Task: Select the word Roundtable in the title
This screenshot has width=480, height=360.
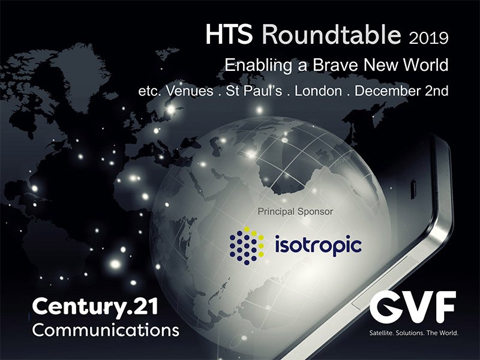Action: [332, 35]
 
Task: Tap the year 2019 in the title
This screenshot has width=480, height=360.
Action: [427, 38]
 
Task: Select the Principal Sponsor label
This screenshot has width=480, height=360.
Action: [295, 211]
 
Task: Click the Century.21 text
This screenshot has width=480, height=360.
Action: [95, 307]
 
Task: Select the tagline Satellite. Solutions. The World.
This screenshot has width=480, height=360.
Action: [413, 333]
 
